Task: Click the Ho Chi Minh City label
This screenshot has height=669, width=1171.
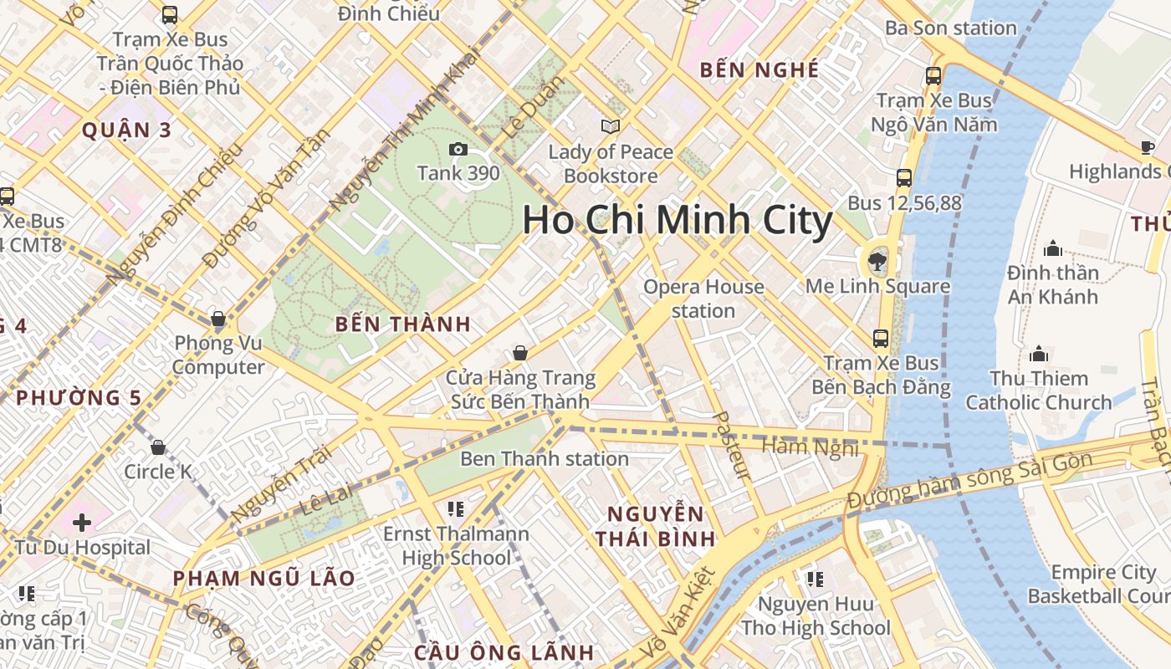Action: [678, 221]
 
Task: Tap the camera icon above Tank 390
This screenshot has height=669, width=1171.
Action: [458, 150]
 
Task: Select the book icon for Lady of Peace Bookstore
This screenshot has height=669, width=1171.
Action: [611, 126]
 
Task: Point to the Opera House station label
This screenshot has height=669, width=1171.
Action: [703, 299]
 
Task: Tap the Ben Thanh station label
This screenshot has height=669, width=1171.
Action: [545, 458]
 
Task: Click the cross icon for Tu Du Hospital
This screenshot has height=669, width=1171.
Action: [81, 523]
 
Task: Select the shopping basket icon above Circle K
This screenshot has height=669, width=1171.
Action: [157, 447]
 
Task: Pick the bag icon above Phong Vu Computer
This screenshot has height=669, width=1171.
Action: [217, 319]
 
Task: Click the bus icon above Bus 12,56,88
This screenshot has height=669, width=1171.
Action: [903, 177]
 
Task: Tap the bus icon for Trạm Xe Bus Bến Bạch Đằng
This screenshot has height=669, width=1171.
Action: [880, 339]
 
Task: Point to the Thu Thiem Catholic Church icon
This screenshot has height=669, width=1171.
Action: [1039, 354]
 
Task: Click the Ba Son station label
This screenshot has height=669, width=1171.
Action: [950, 28]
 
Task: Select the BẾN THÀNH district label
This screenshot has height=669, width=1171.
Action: [403, 324]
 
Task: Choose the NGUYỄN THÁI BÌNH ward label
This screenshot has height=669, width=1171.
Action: [656, 526]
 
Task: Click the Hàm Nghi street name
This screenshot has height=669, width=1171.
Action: [810, 447]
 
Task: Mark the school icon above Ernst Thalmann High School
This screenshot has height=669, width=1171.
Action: [455, 509]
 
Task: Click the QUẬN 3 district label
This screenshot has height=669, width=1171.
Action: [126, 130]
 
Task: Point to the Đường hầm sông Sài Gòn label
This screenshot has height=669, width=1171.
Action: [970, 481]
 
